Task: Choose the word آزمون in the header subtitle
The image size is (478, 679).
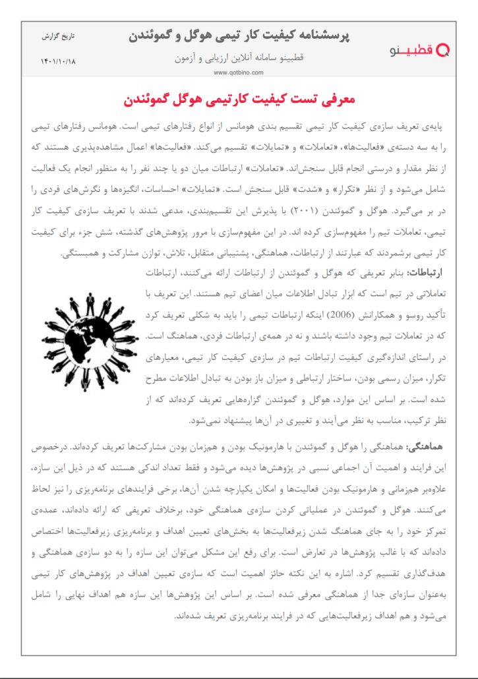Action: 188,58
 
